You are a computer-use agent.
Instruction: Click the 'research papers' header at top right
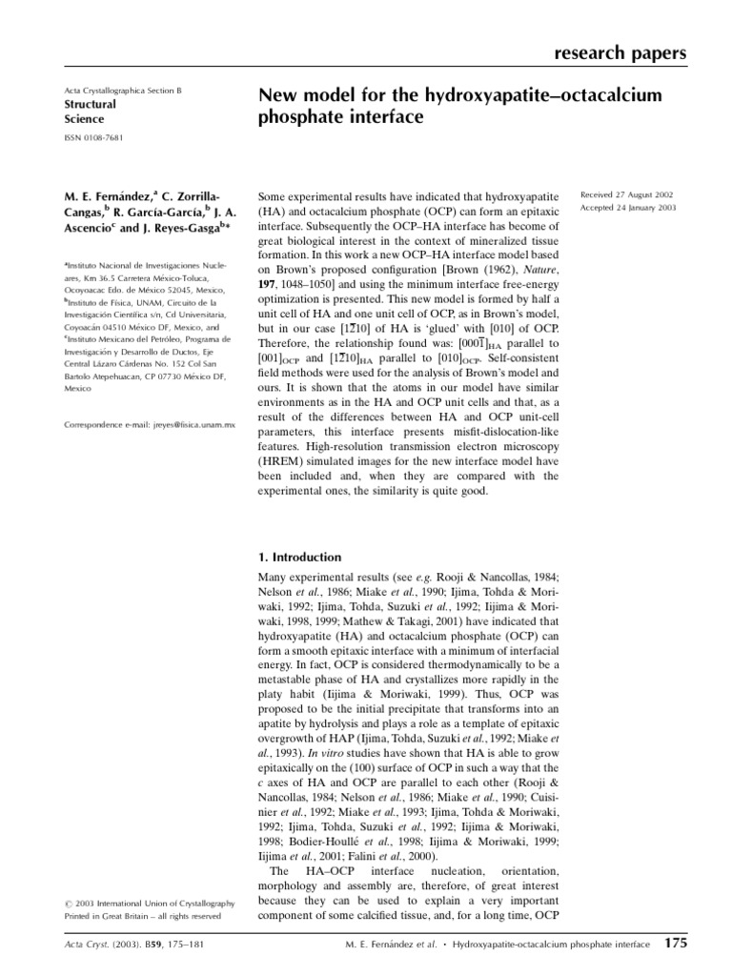[620, 53]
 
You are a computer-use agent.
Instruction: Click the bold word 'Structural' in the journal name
[90, 104]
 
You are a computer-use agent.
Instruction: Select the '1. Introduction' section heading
[300, 558]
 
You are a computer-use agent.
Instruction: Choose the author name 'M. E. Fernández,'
[103, 196]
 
